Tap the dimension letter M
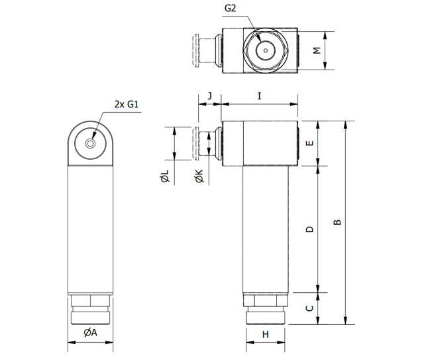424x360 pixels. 317,50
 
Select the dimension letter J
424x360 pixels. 209,96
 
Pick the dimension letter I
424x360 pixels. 260,96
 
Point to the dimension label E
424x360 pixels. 309,144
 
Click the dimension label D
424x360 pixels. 309,229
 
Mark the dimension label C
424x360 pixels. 309,308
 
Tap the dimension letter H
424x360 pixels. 265,335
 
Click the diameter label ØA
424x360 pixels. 90,333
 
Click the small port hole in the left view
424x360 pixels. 91,143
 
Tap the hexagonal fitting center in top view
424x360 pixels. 264,50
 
